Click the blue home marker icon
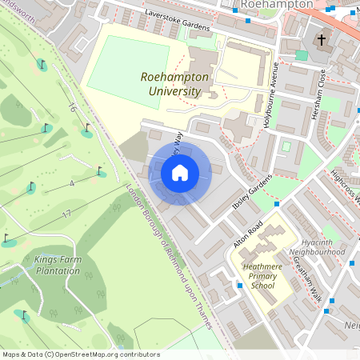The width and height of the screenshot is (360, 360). (x=179, y=172)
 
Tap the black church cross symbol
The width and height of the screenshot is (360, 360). (x=322, y=39)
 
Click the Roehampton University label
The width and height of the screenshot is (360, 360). (x=174, y=84)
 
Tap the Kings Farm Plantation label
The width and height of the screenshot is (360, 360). (x=58, y=265)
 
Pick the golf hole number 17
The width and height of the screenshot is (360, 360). (x=66, y=214)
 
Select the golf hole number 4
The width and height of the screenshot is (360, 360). (x=71, y=184)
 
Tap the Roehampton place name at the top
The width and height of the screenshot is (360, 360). (x=277, y=5)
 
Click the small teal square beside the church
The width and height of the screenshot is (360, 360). (x=302, y=55)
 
